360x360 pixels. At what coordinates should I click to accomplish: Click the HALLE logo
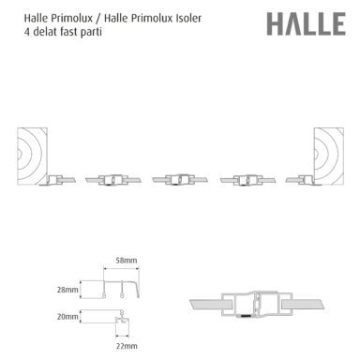(307, 24)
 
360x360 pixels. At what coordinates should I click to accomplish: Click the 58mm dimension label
(127, 261)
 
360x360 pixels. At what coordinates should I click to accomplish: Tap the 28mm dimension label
(67, 290)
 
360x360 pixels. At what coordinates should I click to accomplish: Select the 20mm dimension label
(67, 317)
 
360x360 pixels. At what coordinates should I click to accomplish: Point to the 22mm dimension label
(127, 346)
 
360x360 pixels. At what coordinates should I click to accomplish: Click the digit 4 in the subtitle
(27, 32)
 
